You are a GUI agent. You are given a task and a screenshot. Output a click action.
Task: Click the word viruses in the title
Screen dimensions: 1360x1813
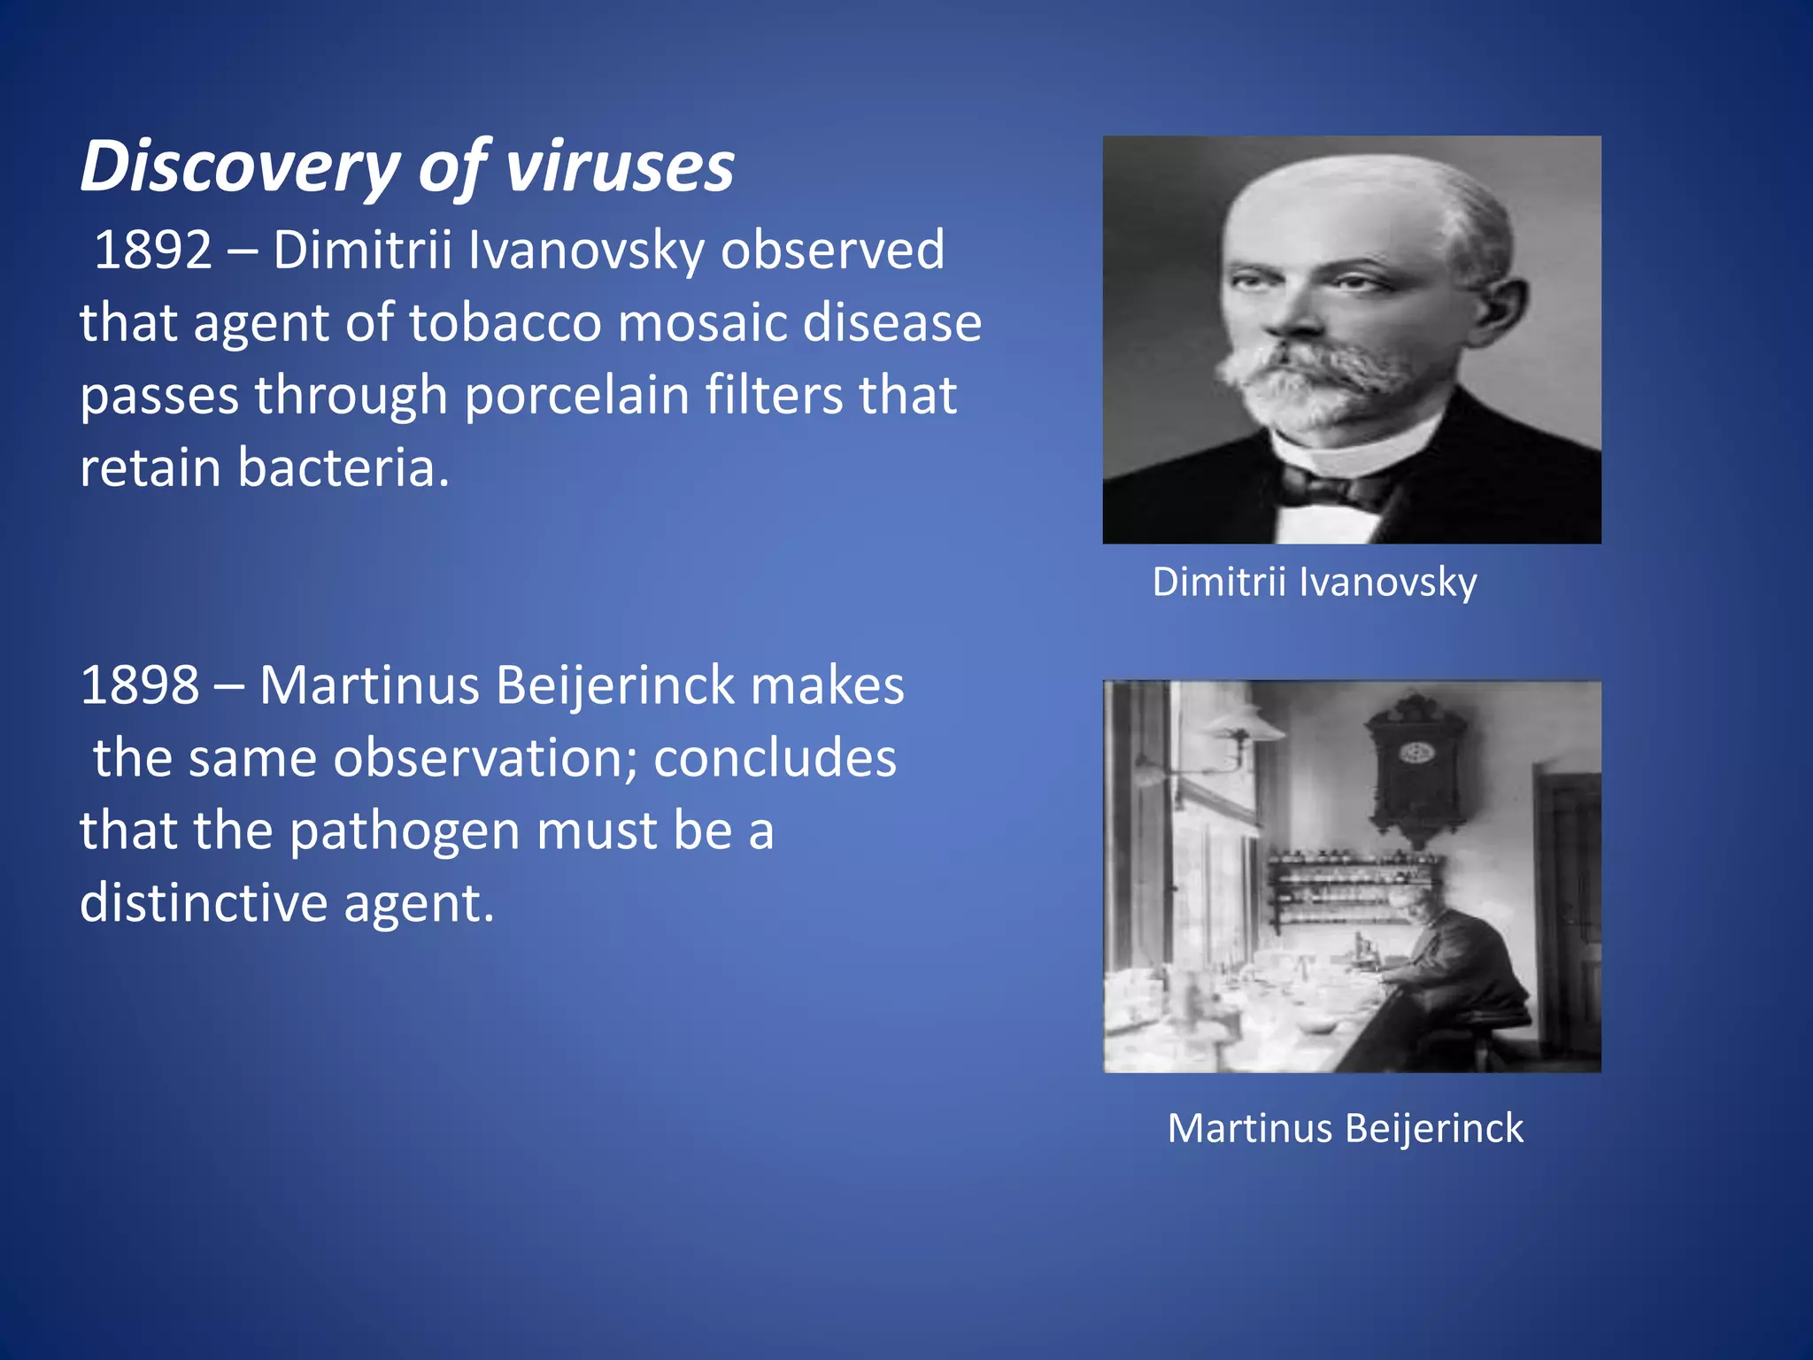619,168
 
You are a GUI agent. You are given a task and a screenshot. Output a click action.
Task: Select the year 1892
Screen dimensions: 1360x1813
152,251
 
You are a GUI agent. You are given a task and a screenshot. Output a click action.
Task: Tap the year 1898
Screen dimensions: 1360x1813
139,686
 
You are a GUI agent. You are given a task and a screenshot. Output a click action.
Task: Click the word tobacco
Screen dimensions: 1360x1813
505,323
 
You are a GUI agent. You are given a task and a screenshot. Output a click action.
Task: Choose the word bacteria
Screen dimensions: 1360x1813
343,468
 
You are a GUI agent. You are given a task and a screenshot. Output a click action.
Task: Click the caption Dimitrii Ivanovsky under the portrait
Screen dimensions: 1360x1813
1315,583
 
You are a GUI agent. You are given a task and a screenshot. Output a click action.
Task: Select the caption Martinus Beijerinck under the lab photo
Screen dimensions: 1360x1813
1346,1129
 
